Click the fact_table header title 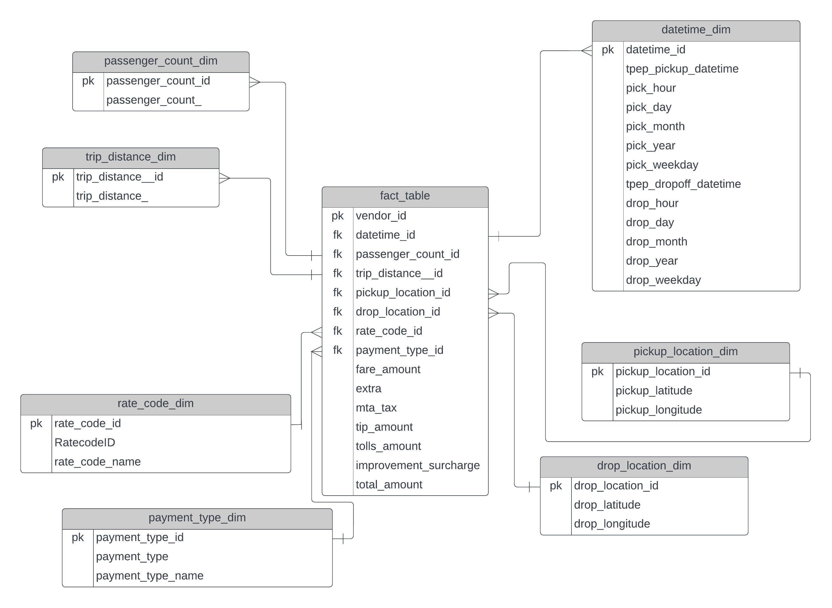tap(404, 196)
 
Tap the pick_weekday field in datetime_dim tap(662, 165)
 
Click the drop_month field tap(656, 242)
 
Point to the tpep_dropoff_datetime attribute tap(683, 184)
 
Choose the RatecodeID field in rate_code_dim tap(85, 443)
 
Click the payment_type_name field tap(150, 576)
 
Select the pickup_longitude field tap(658, 410)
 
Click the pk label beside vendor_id tap(337, 216)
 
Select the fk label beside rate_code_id tap(337, 331)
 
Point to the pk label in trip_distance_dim tap(58, 177)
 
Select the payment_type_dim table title tap(197, 518)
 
